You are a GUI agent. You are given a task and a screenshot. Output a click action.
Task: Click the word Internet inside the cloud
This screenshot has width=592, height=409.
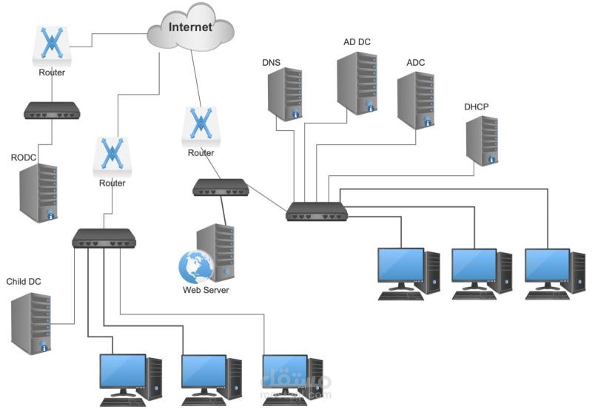coord(190,27)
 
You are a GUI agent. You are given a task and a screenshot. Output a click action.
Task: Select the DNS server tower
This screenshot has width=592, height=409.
coord(286,94)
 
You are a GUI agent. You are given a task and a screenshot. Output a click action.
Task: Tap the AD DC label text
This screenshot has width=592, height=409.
coord(357,42)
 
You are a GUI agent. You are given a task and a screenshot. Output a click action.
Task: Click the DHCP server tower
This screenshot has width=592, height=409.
coord(481,140)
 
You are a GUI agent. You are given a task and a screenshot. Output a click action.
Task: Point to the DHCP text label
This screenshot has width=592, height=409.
coord(476,107)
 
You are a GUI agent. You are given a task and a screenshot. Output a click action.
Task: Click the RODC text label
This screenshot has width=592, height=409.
coord(24,158)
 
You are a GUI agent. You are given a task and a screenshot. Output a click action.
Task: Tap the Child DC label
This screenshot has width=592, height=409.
coord(24,282)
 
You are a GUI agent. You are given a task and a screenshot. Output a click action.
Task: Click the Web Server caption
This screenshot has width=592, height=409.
coord(206,290)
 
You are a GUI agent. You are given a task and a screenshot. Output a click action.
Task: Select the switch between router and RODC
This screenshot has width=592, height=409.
coord(52,111)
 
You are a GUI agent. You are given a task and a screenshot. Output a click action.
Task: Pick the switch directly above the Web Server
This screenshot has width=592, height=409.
coord(220,188)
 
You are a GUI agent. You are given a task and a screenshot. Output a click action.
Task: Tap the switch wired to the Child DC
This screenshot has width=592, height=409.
coord(104,238)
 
